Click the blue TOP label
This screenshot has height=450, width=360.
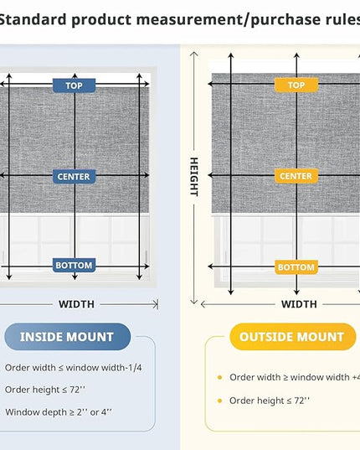coord(74,85)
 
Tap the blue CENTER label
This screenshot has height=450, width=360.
coord(74,177)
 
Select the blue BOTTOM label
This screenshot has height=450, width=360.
coord(74,265)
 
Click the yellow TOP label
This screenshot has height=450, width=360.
coord(296,85)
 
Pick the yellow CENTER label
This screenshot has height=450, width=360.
coord(296,176)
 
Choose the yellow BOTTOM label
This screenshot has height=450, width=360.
coord(296,267)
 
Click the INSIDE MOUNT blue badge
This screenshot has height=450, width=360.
coord(68,337)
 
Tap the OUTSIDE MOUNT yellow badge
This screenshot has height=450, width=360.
coord(292,337)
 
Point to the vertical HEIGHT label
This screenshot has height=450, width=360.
coord(194,177)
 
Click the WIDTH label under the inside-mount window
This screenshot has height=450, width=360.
coord(76,304)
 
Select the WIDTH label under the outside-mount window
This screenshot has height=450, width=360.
coord(299,304)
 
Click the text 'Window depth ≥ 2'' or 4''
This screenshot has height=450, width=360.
coord(59,412)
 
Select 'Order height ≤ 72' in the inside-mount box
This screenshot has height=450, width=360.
coord(45,390)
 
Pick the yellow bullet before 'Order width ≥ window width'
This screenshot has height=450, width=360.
coord(220,377)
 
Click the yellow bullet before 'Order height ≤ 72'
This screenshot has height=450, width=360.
coord(220,401)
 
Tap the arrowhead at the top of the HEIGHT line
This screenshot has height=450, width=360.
coord(194,54)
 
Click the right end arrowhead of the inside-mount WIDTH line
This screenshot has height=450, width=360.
coord(156,304)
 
